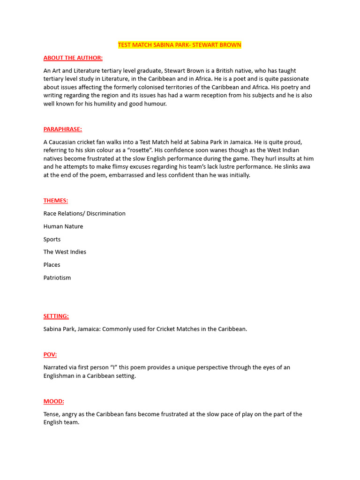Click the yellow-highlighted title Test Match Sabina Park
coord(180,45)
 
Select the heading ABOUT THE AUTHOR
coord(73,58)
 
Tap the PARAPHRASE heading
coord(63,129)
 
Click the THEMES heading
coord(56,201)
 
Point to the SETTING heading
coord(56,316)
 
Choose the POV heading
coord(50,354)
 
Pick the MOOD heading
coord(54,401)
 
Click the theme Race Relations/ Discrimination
coord(84,213)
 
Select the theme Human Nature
coord(63,226)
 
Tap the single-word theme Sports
coord(52,239)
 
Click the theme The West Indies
coord(65,252)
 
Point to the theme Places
coord(52,265)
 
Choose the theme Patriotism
coord(57,277)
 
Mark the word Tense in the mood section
coord(52,414)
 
